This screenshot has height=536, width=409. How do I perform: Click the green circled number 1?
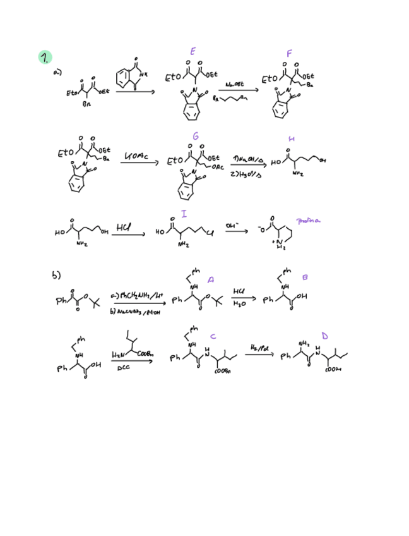[x=45, y=56]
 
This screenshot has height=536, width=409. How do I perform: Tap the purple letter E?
[x=193, y=51]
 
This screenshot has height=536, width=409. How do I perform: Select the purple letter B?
[x=305, y=276]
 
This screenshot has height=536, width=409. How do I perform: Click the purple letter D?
[x=324, y=335]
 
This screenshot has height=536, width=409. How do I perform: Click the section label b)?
[x=56, y=276]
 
